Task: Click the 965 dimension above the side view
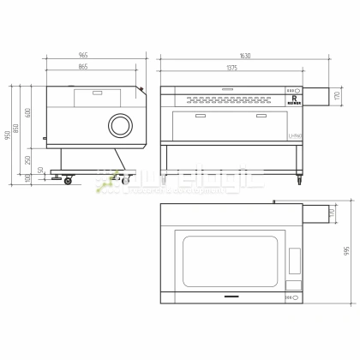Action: [82, 54]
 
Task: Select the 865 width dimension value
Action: [82, 67]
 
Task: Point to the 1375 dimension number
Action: [231, 67]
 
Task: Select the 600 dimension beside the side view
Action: [28, 114]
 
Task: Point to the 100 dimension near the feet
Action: [28, 177]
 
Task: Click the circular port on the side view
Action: [120, 126]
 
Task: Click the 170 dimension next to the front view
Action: [337, 93]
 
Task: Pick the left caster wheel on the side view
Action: [67, 179]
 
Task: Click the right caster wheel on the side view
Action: [125, 179]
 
